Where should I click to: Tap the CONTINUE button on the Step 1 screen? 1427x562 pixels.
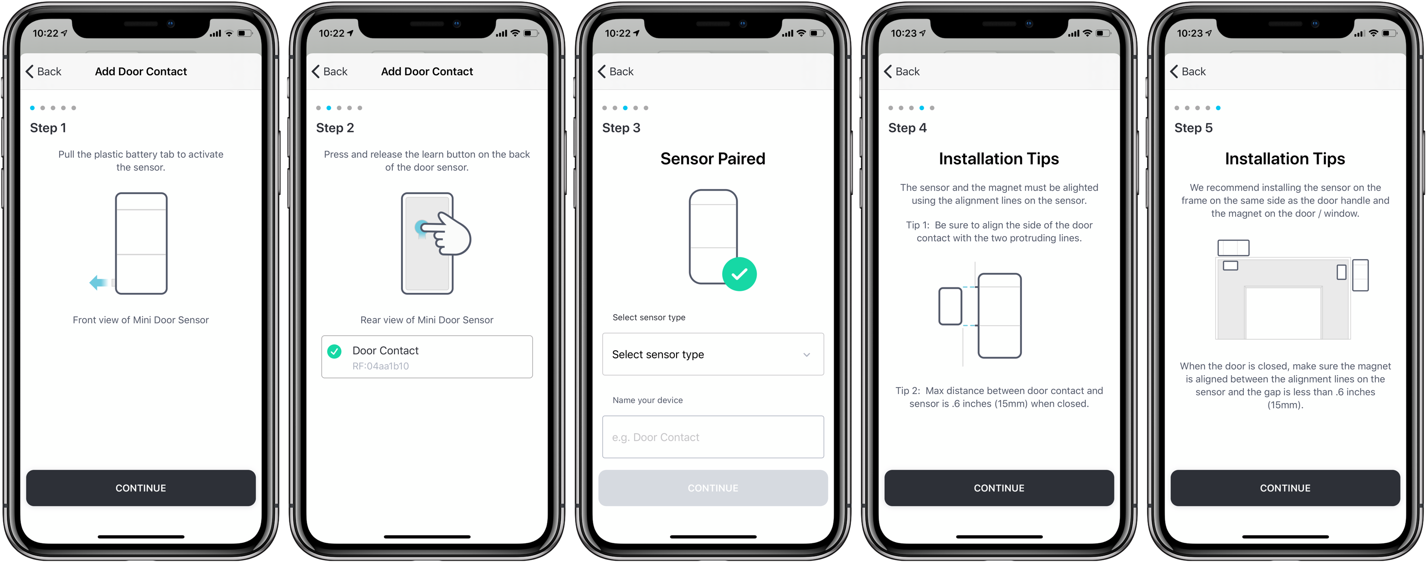(x=141, y=488)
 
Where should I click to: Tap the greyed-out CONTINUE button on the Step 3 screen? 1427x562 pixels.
(x=713, y=488)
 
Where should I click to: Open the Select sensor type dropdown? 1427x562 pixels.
(x=713, y=354)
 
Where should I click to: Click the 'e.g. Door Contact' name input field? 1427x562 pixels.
(x=713, y=437)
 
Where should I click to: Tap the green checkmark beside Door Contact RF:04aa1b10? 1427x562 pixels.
(x=334, y=351)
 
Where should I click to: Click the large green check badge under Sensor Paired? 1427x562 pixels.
(x=739, y=274)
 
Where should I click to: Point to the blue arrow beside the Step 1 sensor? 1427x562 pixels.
(x=98, y=282)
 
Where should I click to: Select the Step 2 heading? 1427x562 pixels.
(x=334, y=128)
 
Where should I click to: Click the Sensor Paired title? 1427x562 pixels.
(x=713, y=159)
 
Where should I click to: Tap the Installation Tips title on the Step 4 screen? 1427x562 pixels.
(x=998, y=159)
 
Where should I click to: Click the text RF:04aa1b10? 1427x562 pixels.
(x=380, y=366)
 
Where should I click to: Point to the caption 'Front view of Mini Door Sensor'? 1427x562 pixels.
(x=141, y=320)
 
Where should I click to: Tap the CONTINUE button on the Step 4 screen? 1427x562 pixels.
(x=999, y=488)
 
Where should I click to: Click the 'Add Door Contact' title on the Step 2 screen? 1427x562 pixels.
(x=426, y=72)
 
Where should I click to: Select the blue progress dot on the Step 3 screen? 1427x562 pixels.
(x=626, y=108)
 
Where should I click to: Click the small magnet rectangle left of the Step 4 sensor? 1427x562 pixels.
(x=950, y=306)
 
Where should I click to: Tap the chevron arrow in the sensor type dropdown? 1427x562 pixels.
(x=806, y=355)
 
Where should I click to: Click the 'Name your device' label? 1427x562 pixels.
(x=647, y=400)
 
